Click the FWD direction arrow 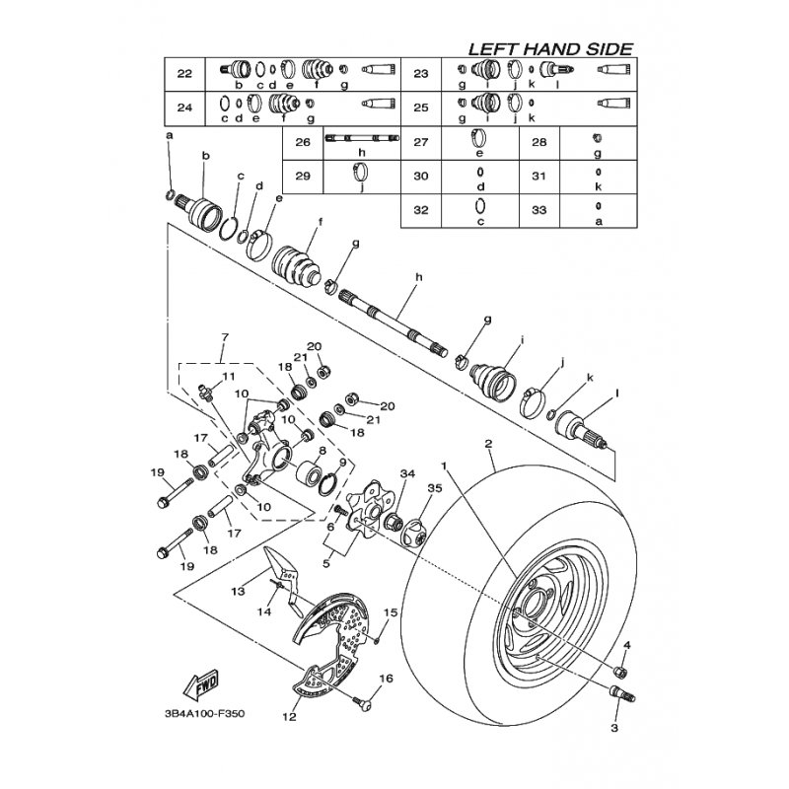pos(200,685)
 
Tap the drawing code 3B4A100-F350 pos(204,714)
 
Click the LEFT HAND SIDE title pos(550,49)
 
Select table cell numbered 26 pos(303,142)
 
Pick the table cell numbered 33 pos(538,210)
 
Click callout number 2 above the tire pos(488,444)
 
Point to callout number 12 pos(289,716)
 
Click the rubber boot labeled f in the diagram pos(297,263)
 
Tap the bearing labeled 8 pos(308,473)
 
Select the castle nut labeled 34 pos(394,522)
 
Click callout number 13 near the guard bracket pos(238,590)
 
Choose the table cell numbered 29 pos(303,177)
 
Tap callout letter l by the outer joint pos(617,393)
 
